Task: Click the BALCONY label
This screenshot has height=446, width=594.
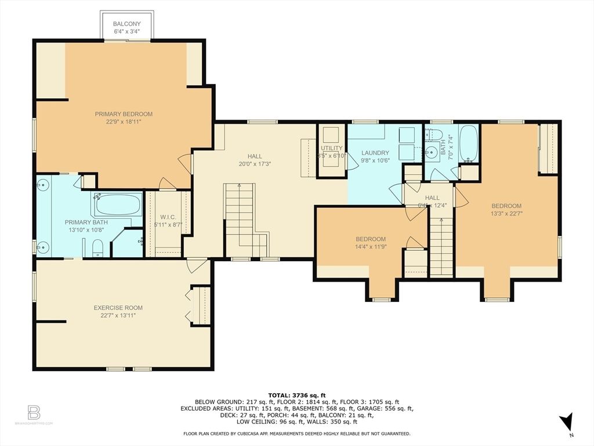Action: click(127, 24)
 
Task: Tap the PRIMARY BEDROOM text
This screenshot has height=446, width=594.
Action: click(124, 114)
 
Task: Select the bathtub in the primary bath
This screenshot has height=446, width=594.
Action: click(118, 205)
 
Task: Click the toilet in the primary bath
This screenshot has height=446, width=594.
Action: click(97, 248)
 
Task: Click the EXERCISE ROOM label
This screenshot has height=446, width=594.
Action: click(118, 308)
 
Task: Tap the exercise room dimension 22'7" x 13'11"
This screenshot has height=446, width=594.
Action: click(118, 315)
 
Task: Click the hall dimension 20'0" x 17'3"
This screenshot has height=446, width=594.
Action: click(254, 164)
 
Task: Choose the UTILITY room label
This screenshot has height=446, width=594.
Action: click(331, 148)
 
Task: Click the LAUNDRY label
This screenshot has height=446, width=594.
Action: click(375, 153)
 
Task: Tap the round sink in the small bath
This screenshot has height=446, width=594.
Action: click(431, 153)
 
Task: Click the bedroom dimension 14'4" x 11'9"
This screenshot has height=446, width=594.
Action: click(370, 247)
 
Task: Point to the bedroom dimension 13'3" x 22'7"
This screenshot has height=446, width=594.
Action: click(506, 213)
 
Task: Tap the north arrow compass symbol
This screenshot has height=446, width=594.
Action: click(567, 422)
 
